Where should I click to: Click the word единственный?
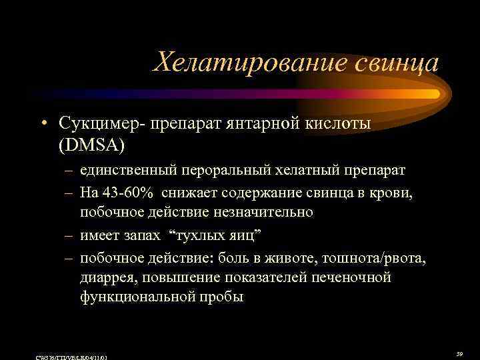pos(127,169)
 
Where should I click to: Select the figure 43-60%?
pos(126,193)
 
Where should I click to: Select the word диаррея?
pos(107,278)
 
